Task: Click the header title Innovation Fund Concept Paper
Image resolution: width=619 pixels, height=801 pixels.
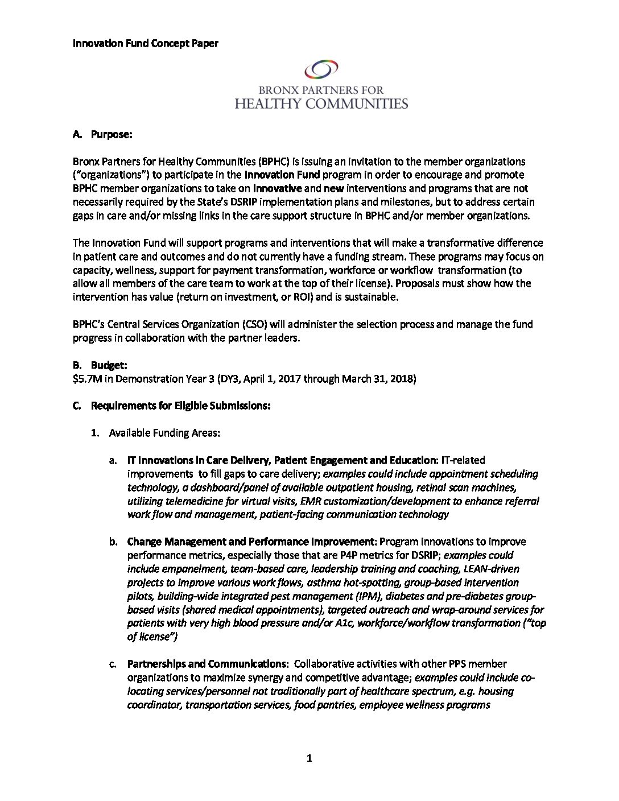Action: [x=145, y=43]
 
